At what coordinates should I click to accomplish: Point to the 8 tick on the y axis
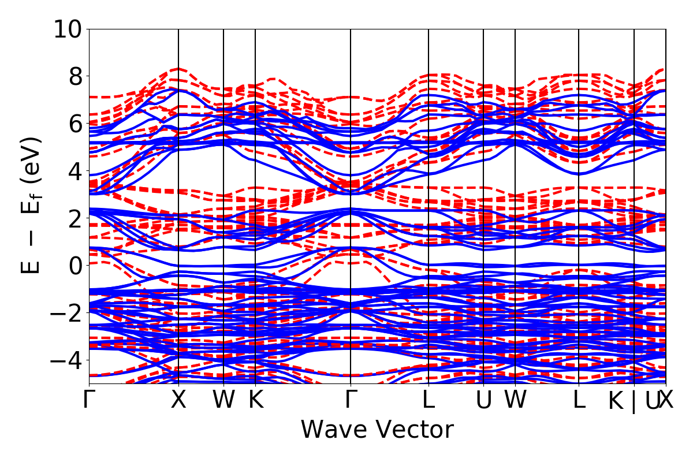(74, 76)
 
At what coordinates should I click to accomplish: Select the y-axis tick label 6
(74, 124)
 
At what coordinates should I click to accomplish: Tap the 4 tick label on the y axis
(74, 171)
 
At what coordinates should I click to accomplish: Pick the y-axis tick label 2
(74, 218)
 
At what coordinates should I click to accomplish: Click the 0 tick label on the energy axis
(74, 266)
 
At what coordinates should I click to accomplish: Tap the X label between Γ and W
(178, 400)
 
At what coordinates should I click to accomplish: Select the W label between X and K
(223, 400)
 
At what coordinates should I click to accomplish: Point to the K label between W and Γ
(255, 400)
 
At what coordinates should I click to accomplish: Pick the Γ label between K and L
(351, 400)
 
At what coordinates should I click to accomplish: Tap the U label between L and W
(483, 400)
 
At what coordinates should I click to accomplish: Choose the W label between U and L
(515, 400)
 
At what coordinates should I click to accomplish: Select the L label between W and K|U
(579, 400)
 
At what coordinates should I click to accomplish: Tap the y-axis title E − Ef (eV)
(32, 205)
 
